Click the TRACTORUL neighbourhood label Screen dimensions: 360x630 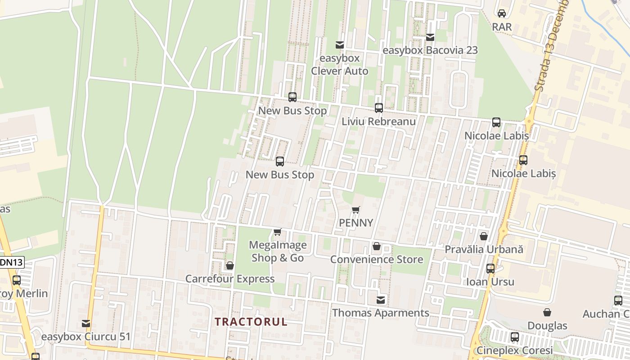(251, 322)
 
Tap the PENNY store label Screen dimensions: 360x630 (356, 223)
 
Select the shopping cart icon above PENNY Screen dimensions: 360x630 (356, 210)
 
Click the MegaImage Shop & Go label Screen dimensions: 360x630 (278, 252)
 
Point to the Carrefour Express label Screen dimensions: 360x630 (230, 279)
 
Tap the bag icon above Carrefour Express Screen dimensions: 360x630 (230, 265)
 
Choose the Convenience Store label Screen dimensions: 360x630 (377, 260)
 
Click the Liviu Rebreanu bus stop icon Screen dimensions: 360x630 (379, 108)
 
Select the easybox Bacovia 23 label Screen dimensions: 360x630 (430, 50)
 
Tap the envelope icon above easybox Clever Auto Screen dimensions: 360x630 (340, 45)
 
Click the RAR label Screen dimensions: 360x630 (502, 27)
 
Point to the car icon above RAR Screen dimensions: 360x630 (502, 13)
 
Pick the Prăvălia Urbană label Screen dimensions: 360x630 (484, 249)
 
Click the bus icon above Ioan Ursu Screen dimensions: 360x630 (490, 269)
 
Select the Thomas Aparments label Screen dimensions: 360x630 (381, 313)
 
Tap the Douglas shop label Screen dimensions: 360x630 (547, 325)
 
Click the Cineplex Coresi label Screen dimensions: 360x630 (514, 350)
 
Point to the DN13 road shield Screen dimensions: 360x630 (11, 262)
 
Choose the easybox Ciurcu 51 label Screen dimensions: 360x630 (86, 337)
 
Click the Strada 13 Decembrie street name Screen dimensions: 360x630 (552, 45)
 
